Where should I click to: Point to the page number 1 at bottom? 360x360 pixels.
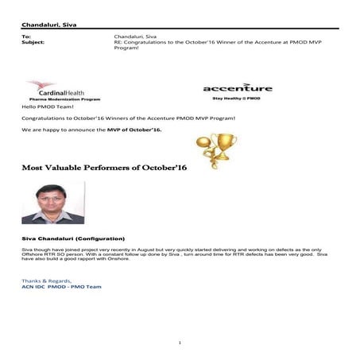180,342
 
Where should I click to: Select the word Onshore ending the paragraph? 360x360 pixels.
106,259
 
